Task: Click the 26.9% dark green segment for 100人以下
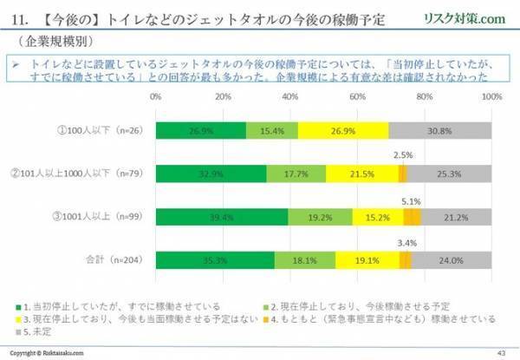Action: pyautogui.click(x=200, y=130)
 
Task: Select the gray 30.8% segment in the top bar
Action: pyautogui.click(x=440, y=130)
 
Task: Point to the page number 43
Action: pyautogui.click(x=500, y=352)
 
